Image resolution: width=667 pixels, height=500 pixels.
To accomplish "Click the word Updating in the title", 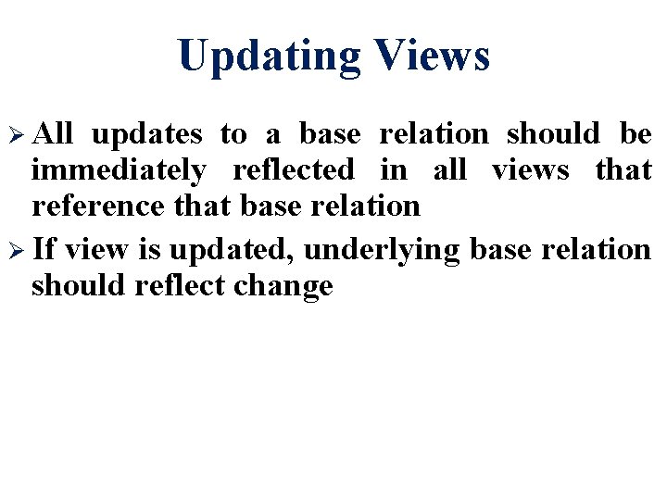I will [x=269, y=56].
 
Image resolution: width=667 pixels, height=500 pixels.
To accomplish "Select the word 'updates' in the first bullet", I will [x=147, y=135].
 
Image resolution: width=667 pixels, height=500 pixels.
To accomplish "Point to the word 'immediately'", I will [x=119, y=171].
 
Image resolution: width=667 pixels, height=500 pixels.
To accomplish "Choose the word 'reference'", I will [x=100, y=206].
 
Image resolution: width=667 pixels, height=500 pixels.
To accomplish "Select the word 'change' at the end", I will [x=283, y=286].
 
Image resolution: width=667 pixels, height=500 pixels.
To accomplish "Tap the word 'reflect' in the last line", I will [x=180, y=286].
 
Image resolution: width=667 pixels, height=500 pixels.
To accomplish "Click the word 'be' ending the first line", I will [x=636, y=135].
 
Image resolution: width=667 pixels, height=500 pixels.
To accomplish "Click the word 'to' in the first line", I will [x=233, y=135].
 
